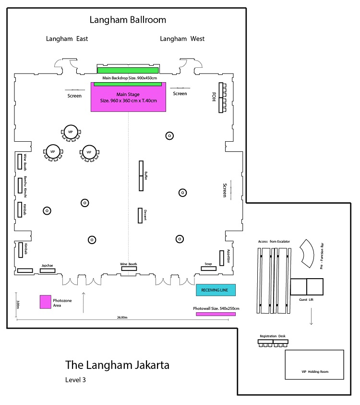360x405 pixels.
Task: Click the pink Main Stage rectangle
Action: (128, 97)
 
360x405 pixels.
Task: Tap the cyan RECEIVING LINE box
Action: (216, 290)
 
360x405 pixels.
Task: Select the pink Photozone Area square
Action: (46, 301)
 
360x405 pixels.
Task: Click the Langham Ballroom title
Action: (128, 20)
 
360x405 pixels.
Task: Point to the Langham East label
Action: (67, 39)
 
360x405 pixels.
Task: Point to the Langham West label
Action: (182, 39)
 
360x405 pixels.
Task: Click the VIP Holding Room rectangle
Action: (314, 365)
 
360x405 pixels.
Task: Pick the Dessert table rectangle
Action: (140, 215)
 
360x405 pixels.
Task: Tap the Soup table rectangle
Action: (208, 268)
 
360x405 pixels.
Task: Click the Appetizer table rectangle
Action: (222, 258)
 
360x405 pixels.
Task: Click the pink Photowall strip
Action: (216, 314)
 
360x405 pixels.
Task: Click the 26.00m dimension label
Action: (122, 318)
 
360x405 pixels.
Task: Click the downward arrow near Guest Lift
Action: (311, 317)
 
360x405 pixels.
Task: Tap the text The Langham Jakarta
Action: (117, 365)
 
